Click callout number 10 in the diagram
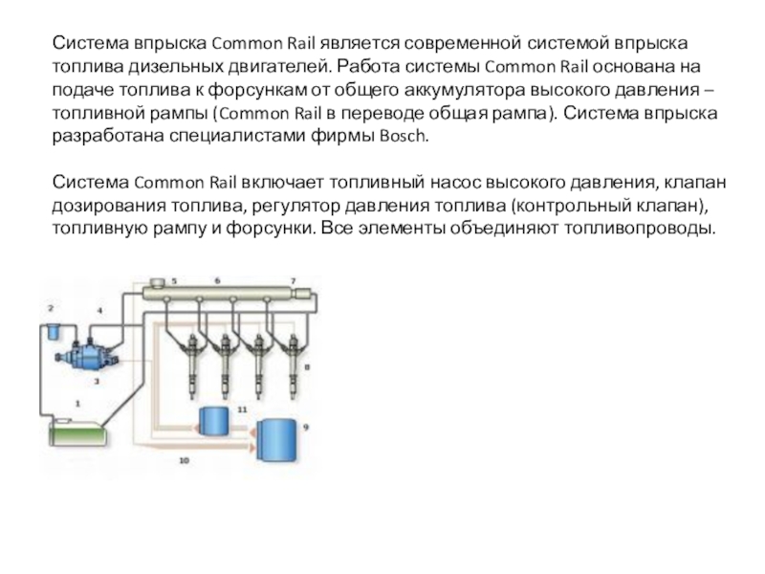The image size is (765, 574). (x=185, y=461)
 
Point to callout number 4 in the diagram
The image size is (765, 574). (x=99, y=311)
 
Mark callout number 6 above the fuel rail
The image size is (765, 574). (x=217, y=279)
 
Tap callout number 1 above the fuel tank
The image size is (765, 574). (x=76, y=405)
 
